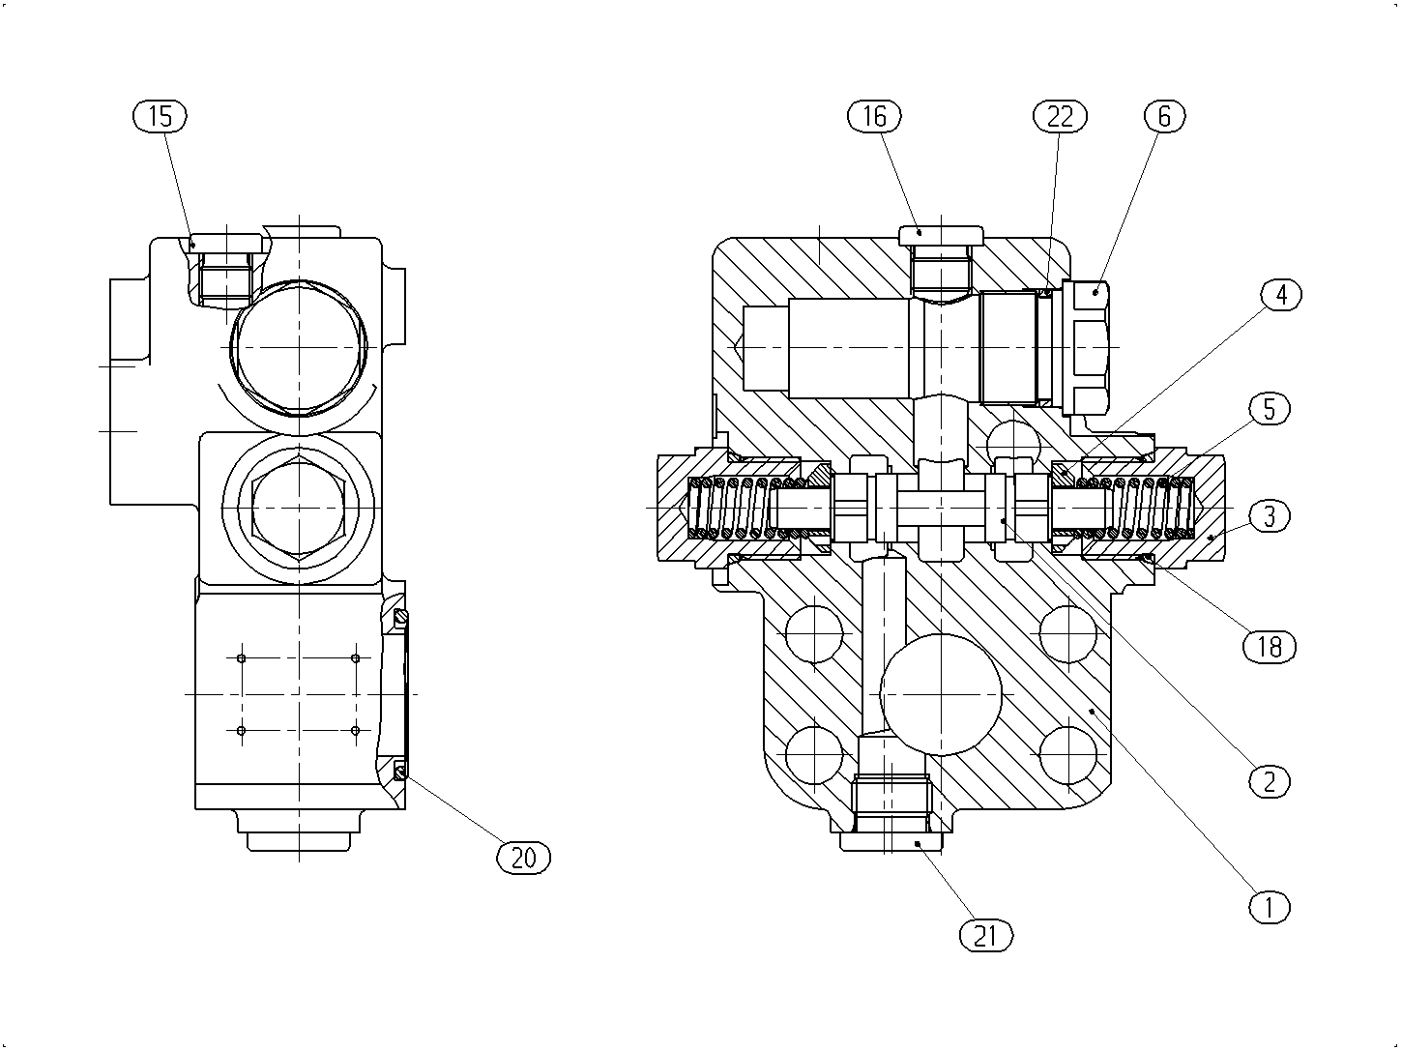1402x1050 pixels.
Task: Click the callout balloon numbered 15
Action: [160, 116]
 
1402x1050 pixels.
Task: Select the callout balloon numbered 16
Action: [874, 116]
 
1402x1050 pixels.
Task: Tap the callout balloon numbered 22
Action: [1060, 116]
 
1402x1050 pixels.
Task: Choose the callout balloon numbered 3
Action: [1269, 515]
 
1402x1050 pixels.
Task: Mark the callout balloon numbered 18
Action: [1270, 647]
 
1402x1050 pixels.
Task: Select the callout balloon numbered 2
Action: [1269, 782]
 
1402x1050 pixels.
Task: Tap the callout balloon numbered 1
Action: [1269, 907]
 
